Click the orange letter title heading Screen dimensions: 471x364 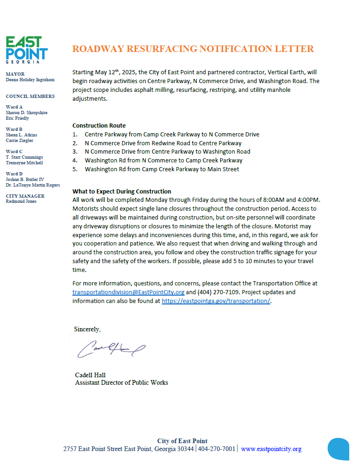tap(193, 49)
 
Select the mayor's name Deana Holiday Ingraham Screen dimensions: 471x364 tap(30, 80)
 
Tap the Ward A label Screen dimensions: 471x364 tap(14, 107)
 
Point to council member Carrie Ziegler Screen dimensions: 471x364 tap(19, 141)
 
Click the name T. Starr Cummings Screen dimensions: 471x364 tap(24, 157)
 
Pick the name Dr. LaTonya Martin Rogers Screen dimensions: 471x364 tap(32, 185)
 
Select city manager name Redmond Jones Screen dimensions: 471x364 tap(21, 201)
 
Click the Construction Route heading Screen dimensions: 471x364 tap(99, 125)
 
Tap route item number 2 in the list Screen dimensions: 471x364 tap(163, 143)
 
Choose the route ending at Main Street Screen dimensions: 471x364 tap(162, 169)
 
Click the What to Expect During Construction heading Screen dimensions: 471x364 tap(121, 191)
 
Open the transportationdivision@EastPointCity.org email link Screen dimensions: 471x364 tap(128, 292)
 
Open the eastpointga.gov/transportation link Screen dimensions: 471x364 tap(216, 301)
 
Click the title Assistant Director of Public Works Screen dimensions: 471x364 tap(121, 383)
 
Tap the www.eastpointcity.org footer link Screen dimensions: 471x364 tap(271, 449)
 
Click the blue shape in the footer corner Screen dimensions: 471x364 tap(338, 449)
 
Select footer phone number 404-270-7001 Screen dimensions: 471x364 tap(217, 449)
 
